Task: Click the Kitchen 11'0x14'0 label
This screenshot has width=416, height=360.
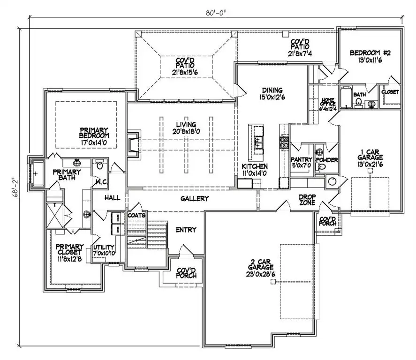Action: click(x=255, y=170)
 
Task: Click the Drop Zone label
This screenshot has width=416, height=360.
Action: click(x=309, y=200)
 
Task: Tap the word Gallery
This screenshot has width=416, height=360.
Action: click(x=194, y=199)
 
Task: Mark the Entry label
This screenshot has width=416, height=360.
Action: click(x=186, y=230)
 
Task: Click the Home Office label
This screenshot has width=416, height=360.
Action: click(x=327, y=103)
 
